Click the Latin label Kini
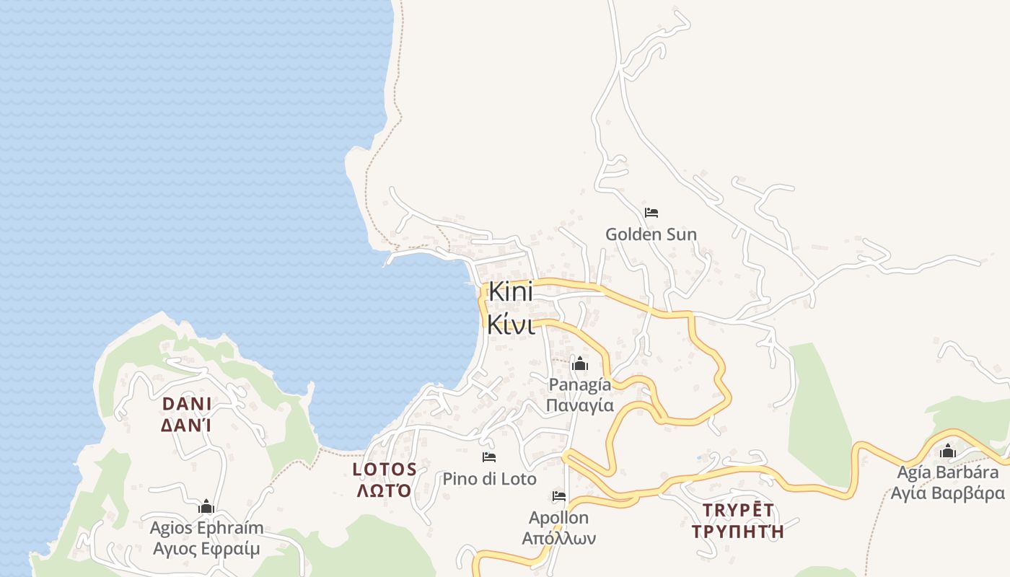pyautogui.click(x=511, y=292)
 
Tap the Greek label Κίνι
pyautogui.click(x=511, y=324)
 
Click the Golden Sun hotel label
pyautogui.click(x=651, y=234)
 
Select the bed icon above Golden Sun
pyautogui.click(x=651, y=213)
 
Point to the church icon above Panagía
pyautogui.click(x=579, y=364)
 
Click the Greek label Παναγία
pyautogui.click(x=579, y=405)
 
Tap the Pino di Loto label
pyautogui.click(x=489, y=479)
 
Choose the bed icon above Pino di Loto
pyautogui.click(x=489, y=457)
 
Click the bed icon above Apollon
pyautogui.click(x=558, y=496)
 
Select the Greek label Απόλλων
pyautogui.click(x=558, y=538)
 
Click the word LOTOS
pyautogui.click(x=385, y=470)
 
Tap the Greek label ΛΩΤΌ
pyautogui.click(x=385, y=491)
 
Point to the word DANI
pyautogui.click(x=186, y=404)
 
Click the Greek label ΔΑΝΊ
pyautogui.click(x=186, y=426)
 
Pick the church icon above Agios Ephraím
pyautogui.click(x=206, y=507)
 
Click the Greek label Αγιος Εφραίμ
pyautogui.click(x=206, y=549)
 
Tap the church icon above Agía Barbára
pyautogui.click(x=947, y=452)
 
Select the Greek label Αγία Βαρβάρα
pyautogui.click(x=947, y=493)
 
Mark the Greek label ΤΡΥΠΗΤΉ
pyautogui.click(x=737, y=532)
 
